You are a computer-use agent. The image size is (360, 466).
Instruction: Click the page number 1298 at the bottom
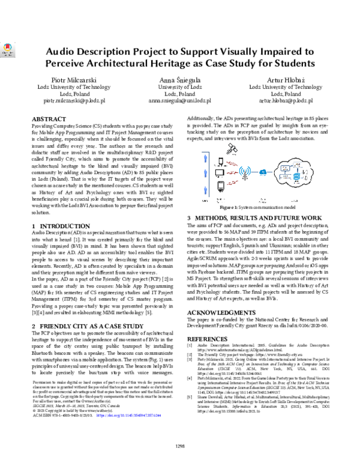click(x=179, y=446)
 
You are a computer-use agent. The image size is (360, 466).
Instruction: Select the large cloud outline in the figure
click(x=295, y=175)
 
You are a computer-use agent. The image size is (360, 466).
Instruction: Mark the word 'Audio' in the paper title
click(x=64, y=52)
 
